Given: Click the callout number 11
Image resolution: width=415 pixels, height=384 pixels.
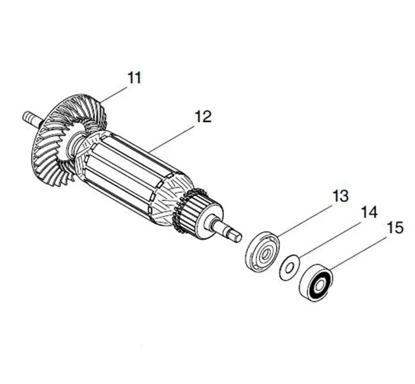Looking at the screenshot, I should (134, 78).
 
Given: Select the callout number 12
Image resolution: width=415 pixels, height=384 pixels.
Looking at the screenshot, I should (203, 117).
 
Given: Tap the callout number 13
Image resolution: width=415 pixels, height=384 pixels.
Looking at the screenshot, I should (340, 197).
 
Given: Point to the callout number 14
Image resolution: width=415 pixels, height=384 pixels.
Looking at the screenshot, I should (370, 212).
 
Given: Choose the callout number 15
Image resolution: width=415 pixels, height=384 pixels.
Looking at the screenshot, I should (395, 227).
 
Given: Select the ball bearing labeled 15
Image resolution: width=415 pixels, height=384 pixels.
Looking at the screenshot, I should (315, 283).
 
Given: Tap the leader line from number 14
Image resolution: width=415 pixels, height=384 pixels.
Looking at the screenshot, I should (332, 238).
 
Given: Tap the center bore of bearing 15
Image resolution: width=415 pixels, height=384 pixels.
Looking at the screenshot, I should (316, 283).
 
